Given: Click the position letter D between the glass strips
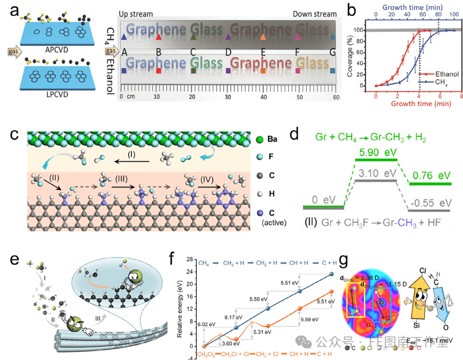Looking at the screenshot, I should point(228,52).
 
